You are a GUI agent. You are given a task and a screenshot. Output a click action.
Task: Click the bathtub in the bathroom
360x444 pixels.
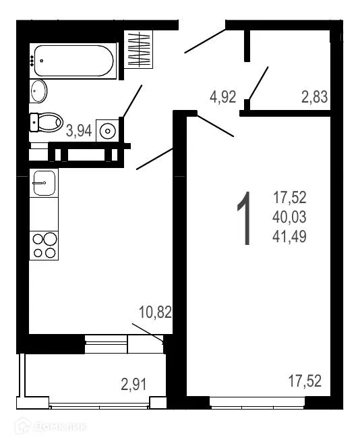(73, 60)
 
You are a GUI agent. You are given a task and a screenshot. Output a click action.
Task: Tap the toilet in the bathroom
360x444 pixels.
(47, 122)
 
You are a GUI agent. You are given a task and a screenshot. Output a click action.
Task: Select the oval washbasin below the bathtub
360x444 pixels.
(39, 90)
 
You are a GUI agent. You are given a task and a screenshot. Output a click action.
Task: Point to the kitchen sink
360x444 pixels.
(44, 182)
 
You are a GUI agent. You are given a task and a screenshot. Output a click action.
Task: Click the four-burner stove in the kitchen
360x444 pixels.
(44, 246)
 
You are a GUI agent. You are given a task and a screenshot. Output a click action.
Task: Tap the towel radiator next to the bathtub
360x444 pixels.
(140, 49)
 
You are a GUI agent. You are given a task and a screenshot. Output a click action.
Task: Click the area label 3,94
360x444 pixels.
(78, 131)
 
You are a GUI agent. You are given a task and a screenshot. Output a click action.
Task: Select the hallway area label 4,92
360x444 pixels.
(222, 96)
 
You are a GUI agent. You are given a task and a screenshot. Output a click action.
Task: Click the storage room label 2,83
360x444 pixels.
(314, 96)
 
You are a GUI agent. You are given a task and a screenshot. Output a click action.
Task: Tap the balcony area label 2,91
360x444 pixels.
(133, 385)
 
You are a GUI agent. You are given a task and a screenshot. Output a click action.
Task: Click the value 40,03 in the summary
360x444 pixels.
(290, 217)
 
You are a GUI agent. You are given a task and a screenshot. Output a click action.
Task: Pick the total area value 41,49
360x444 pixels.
(290, 236)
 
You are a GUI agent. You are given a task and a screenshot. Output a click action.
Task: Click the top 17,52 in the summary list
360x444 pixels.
(290, 198)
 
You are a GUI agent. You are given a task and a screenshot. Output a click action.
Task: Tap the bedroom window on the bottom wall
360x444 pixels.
(257, 403)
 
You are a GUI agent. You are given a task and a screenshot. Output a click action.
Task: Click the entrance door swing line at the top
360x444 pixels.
(206, 40)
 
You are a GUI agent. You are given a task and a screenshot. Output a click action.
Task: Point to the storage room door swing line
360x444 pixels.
(258, 82)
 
